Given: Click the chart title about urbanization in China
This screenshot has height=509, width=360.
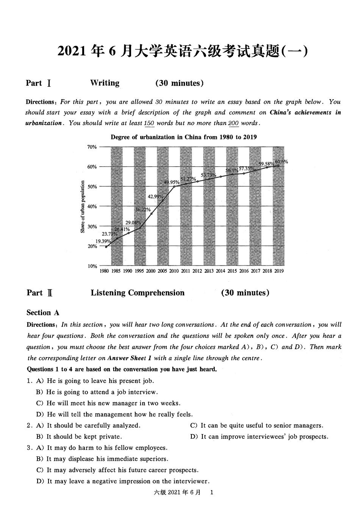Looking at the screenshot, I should click(x=183, y=137).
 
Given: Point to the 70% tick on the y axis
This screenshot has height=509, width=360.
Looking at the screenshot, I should click(x=92, y=147).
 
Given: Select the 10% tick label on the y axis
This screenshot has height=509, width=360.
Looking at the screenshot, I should click(x=92, y=266).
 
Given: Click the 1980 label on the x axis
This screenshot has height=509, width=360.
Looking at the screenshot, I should click(x=104, y=271).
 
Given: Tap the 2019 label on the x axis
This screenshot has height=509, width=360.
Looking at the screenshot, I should click(x=279, y=271).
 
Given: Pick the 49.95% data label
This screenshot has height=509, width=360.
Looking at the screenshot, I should click(x=172, y=182).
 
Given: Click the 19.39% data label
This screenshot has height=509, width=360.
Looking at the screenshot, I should click(x=103, y=241).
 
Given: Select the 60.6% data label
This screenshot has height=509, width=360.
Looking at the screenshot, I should click(x=281, y=162).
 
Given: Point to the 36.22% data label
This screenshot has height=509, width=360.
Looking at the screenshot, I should click(x=143, y=209).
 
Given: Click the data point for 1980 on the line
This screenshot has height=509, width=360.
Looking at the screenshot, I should click(x=106, y=247).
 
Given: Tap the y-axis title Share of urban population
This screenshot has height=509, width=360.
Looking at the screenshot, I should click(x=82, y=206).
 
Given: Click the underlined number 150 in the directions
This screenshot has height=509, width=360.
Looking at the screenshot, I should click(x=149, y=123).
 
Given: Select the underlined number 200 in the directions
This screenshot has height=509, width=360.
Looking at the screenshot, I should click(x=233, y=123).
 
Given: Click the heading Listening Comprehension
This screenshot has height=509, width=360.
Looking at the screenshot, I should click(x=138, y=293).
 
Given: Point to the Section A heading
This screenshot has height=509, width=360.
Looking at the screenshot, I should click(x=43, y=313).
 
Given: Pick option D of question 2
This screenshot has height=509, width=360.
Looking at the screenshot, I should click(x=259, y=437).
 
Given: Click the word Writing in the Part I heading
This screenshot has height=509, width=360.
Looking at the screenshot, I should click(x=105, y=83).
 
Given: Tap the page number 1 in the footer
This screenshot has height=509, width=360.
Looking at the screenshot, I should click(x=211, y=492).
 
